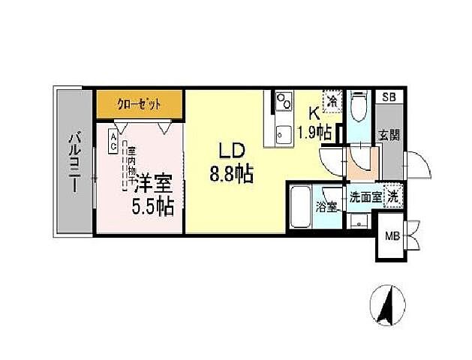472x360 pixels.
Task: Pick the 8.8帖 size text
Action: tap(230, 175)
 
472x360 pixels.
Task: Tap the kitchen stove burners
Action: tap(284, 100)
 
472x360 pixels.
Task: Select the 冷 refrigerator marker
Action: tap(329, 99)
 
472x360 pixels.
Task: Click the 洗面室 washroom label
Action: tap(365, 197)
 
